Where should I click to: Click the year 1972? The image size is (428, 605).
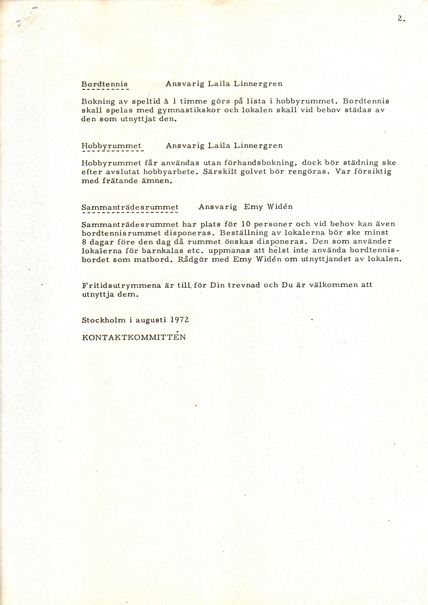180,320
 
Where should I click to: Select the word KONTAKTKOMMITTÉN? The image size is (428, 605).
134,337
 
